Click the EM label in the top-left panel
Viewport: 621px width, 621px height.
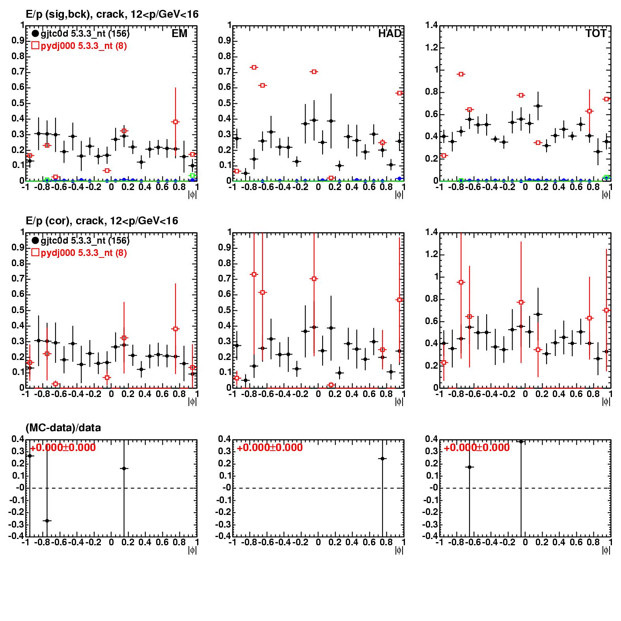click(179, 34)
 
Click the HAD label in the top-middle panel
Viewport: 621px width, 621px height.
click(390, 34)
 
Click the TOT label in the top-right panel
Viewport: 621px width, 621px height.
click(596, 34)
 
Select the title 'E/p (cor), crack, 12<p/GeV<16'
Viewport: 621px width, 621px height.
click(102, 221)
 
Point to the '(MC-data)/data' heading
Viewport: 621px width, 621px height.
click(63, 427)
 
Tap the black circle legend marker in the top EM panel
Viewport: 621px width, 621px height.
click(35, 34)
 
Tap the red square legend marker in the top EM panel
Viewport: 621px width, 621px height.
click(35, 46)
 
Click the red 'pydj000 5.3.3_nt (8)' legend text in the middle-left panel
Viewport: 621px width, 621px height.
click(84, 253)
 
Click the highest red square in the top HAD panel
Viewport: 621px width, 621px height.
click(254, 67)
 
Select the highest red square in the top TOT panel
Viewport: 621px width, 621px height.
click(461, 74)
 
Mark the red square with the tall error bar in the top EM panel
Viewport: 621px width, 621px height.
click(175, 122)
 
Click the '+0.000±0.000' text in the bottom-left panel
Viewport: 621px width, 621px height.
click(63, 448)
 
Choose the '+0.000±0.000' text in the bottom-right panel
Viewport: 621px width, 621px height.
click(477, 448)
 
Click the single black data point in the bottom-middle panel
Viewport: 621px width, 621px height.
click(382, 459)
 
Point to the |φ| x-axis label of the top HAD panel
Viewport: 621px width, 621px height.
click(399, 194)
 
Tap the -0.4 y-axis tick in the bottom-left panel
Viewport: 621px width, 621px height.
click(17, 536)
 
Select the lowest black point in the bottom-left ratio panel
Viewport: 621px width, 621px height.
click(47, 521)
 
